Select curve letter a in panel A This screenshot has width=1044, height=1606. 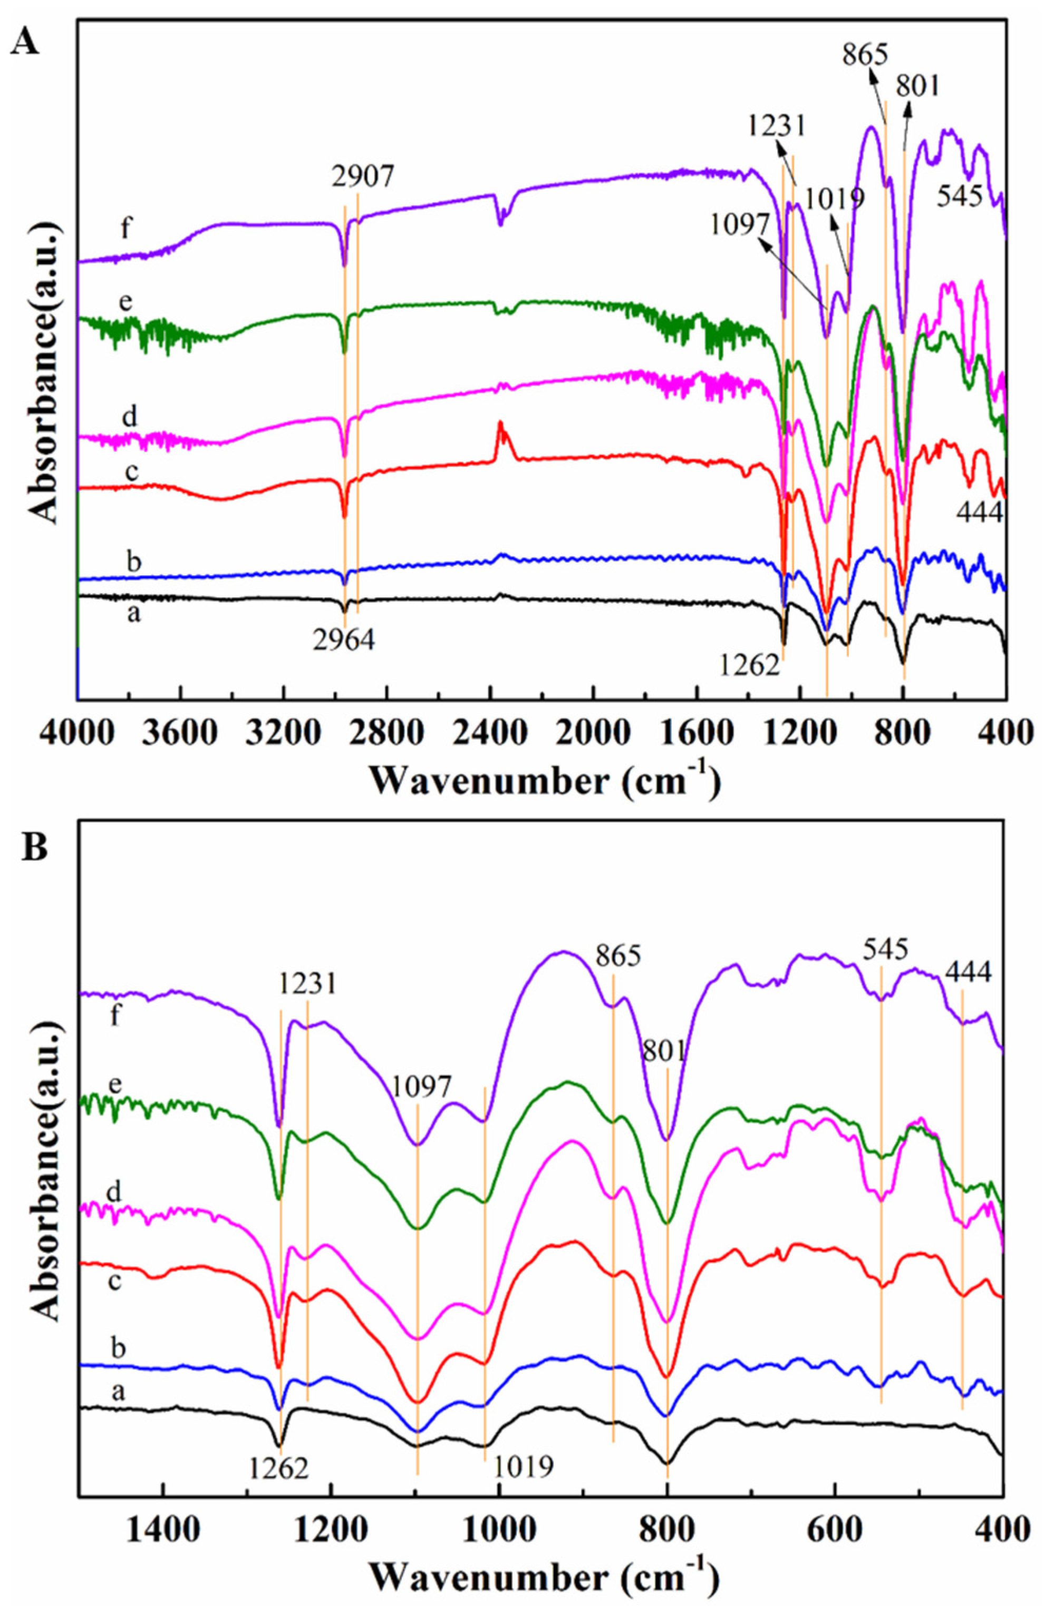click(x=134, y=614)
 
